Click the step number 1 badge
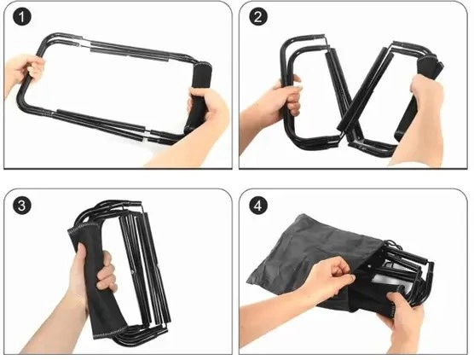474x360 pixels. pos(22,17)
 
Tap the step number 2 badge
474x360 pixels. pos(258,17)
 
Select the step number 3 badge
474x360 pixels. pos(22,206)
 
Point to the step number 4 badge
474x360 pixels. pos(258,206)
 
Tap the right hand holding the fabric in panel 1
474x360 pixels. pos(199,121)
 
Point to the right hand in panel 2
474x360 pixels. pos(420,121)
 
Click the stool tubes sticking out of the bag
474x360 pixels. pos(405,272)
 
